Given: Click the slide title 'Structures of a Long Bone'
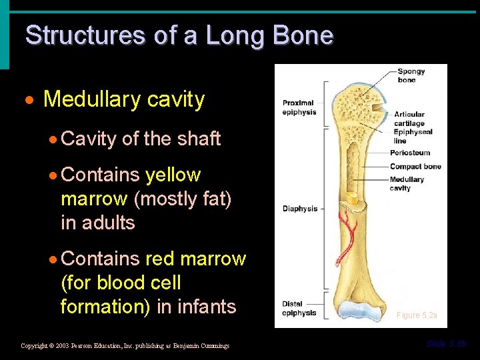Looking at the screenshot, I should point(179,35).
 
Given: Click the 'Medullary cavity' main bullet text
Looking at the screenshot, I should point(123,100).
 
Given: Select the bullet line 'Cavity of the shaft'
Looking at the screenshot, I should point(140,139).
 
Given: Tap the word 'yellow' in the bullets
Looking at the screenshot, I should point(173,175).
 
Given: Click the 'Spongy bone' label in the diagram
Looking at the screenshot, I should point(411,75).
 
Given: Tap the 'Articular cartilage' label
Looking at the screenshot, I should point(409,119).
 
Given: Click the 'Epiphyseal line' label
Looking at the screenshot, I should point(413,136).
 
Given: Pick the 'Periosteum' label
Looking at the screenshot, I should point(410,153).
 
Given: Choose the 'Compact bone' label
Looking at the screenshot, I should point(415,166).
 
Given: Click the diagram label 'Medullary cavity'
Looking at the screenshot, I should point(407,183).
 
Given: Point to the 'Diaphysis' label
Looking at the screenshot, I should point(300,209).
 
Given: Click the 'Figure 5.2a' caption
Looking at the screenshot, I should point(417,315).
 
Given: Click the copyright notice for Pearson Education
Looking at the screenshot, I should point(125,345).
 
